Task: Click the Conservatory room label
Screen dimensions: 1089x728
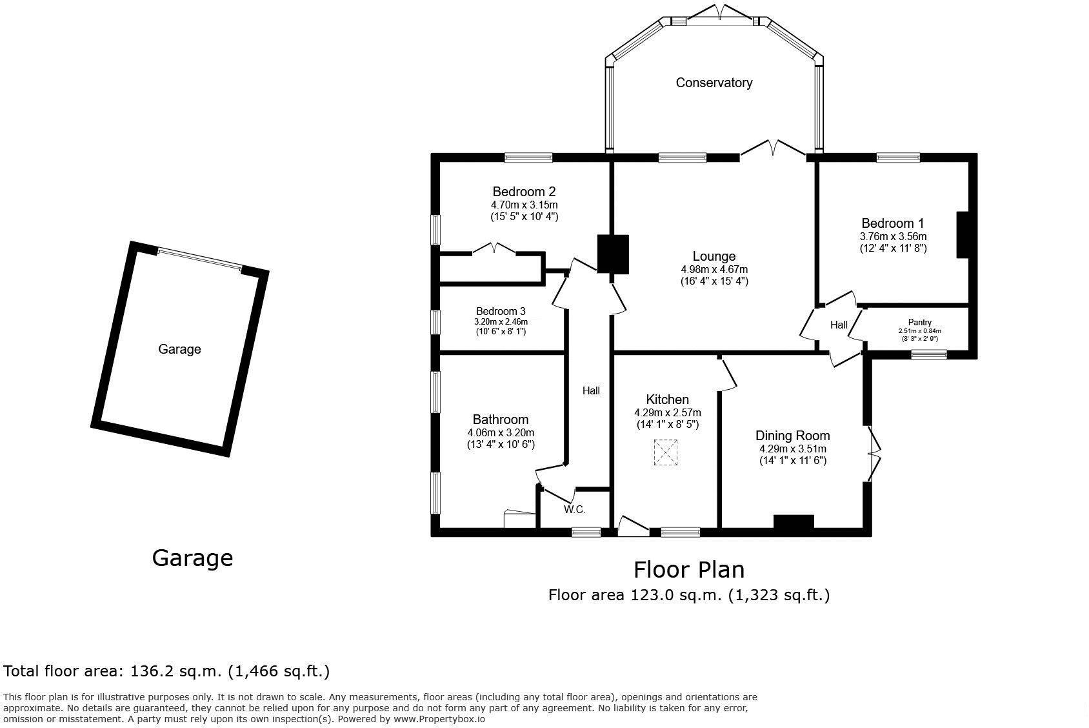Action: (x=714, y=83)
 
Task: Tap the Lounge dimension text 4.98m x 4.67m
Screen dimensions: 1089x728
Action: (x=714, y=269)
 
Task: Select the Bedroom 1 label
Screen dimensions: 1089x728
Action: (x=893, y=223)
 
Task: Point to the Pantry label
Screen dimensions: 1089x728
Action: (x=920, y=322)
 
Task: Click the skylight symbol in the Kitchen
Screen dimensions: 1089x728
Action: (x=666, y=452)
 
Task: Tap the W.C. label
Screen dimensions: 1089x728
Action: (x=575, y=510)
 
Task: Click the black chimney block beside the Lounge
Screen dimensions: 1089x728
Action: (x=613, y=254)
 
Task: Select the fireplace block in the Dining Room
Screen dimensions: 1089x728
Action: (x=794, y=521)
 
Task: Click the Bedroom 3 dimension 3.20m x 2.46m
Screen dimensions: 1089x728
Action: (x=501, y=322)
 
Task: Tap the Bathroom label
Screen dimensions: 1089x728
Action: (x=500, y=420)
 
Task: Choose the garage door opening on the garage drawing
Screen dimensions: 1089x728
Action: (x=199, y=259)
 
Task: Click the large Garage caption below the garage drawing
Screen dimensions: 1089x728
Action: (x=192, y=558)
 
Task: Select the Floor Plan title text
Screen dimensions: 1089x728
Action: (x=689, y=569)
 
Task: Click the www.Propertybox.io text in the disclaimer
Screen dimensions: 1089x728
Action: (x=439, y=719)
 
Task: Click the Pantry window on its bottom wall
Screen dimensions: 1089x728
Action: (x=929, y=355)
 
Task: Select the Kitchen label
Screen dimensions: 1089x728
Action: (x=667, y=399)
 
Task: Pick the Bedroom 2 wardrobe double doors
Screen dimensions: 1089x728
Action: (x=494, y=248)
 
